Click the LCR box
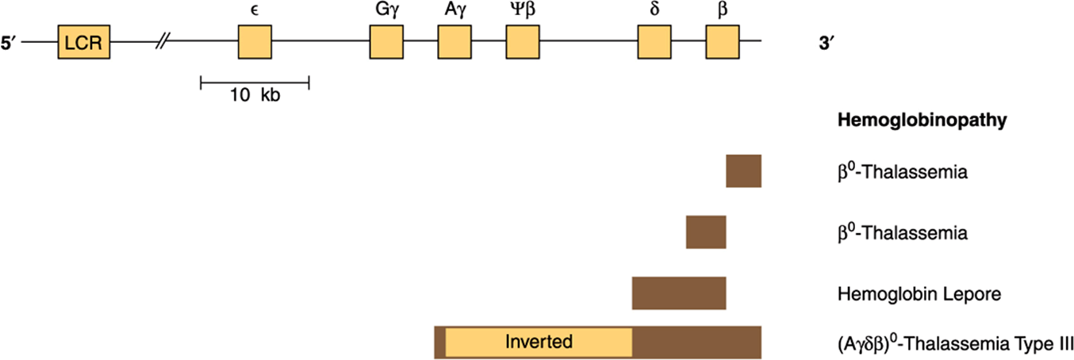(84, 42)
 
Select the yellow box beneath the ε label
(255, 42)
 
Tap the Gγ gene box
(386, 42)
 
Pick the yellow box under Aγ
(455, 42)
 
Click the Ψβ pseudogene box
(523, 42)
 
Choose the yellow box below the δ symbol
(654, 42)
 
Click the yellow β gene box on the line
(723, 42)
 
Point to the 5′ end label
(9, 43)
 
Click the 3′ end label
(827, 43)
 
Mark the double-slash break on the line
(163, 41)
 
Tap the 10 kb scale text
(255, 95)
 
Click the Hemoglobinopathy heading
(922, 120)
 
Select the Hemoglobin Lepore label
(919, 293)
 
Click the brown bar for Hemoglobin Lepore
(679, 293)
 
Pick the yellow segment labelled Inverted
(539, 343)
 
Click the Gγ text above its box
(387, 10)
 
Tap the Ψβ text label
(523, 10)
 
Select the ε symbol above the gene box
(255, 10)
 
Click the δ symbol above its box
(654, 9)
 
